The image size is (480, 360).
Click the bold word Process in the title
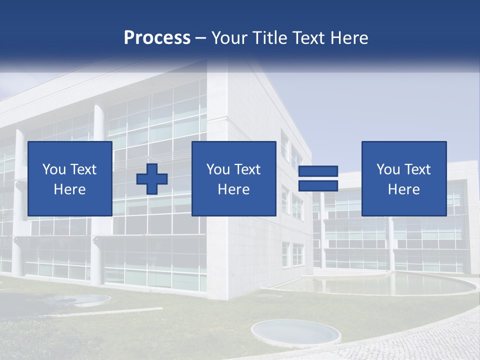point(157,38)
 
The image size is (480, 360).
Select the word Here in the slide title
point(348,38)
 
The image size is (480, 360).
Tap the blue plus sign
point(152,179)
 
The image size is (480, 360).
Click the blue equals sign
point(318,178)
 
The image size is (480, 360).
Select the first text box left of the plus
point(69,178)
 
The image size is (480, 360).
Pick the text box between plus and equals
point(233,178)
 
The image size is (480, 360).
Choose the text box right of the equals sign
point(403,178)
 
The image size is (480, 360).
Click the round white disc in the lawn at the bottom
point(295,331)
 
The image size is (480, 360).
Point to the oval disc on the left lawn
point(77,300)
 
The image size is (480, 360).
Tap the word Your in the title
point(227,38)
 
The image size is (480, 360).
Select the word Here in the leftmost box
point(69,189)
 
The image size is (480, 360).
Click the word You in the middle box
point(218,169)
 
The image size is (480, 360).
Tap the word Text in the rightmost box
point(417,169)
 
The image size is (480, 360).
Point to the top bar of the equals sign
point(318,171)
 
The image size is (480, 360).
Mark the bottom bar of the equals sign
point(318,186)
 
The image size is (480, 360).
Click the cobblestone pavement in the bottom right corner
point(440,340)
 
